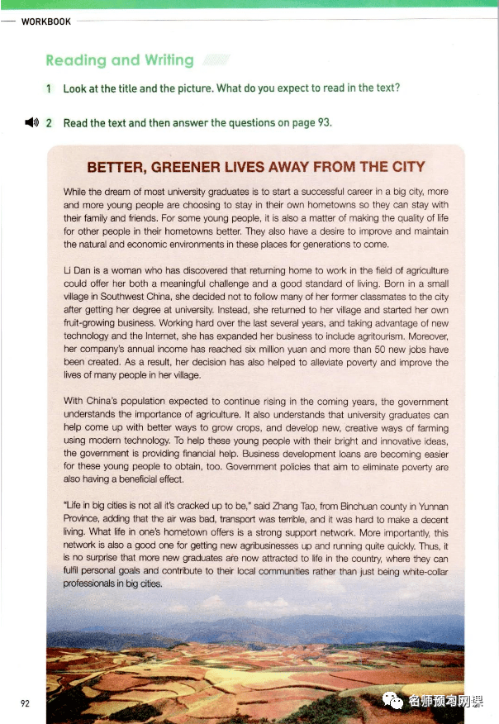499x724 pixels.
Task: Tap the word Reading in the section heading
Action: pyautogui.click(x=75, y=60)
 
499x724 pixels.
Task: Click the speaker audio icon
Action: pyautogui.click(x=31, y=122)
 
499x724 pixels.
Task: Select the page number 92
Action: pyautogui.click(x=25, y=703)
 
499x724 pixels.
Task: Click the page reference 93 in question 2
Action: pyautogui.click(x=324, y=122)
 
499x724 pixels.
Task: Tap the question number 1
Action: pyautogui.click(x=50, y=88)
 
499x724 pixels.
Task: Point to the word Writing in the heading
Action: pyautogui.click(x=169, y=60)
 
